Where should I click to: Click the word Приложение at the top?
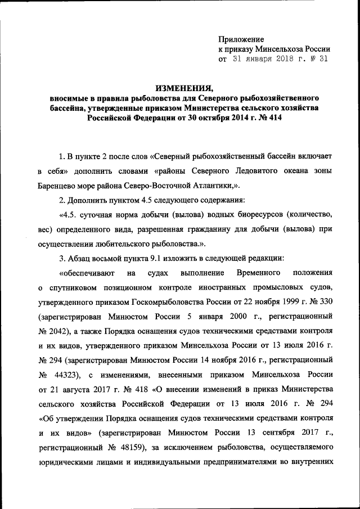[x=241, y=39]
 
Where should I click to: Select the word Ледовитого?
[x=237, y=170]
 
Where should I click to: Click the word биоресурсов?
[x=253, y=214]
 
